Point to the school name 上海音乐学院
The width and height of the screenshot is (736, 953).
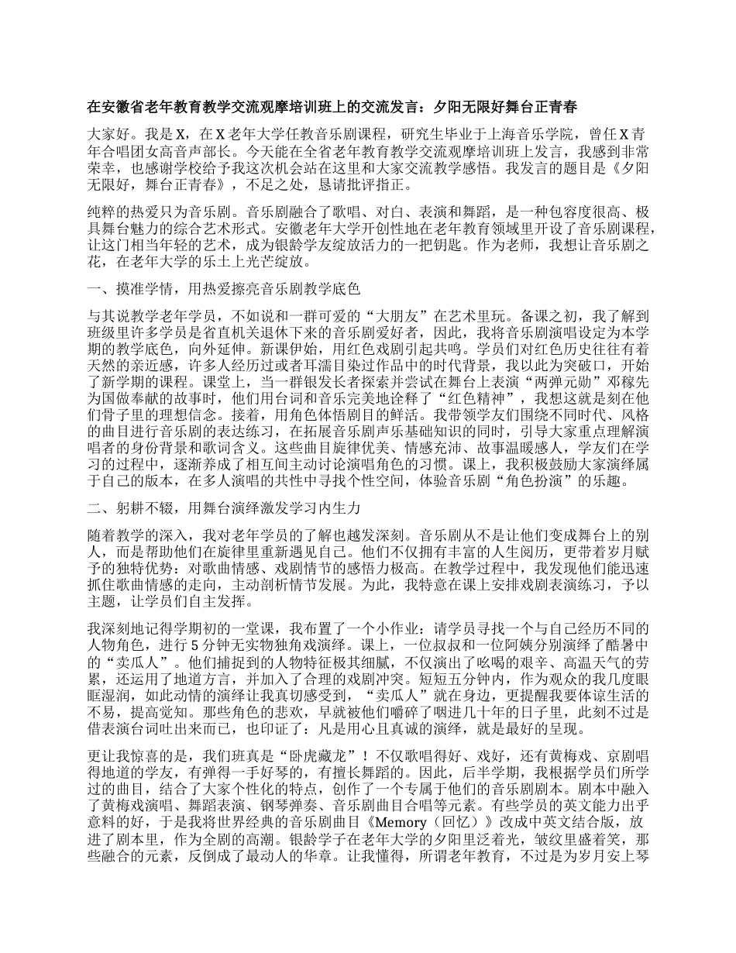491,132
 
